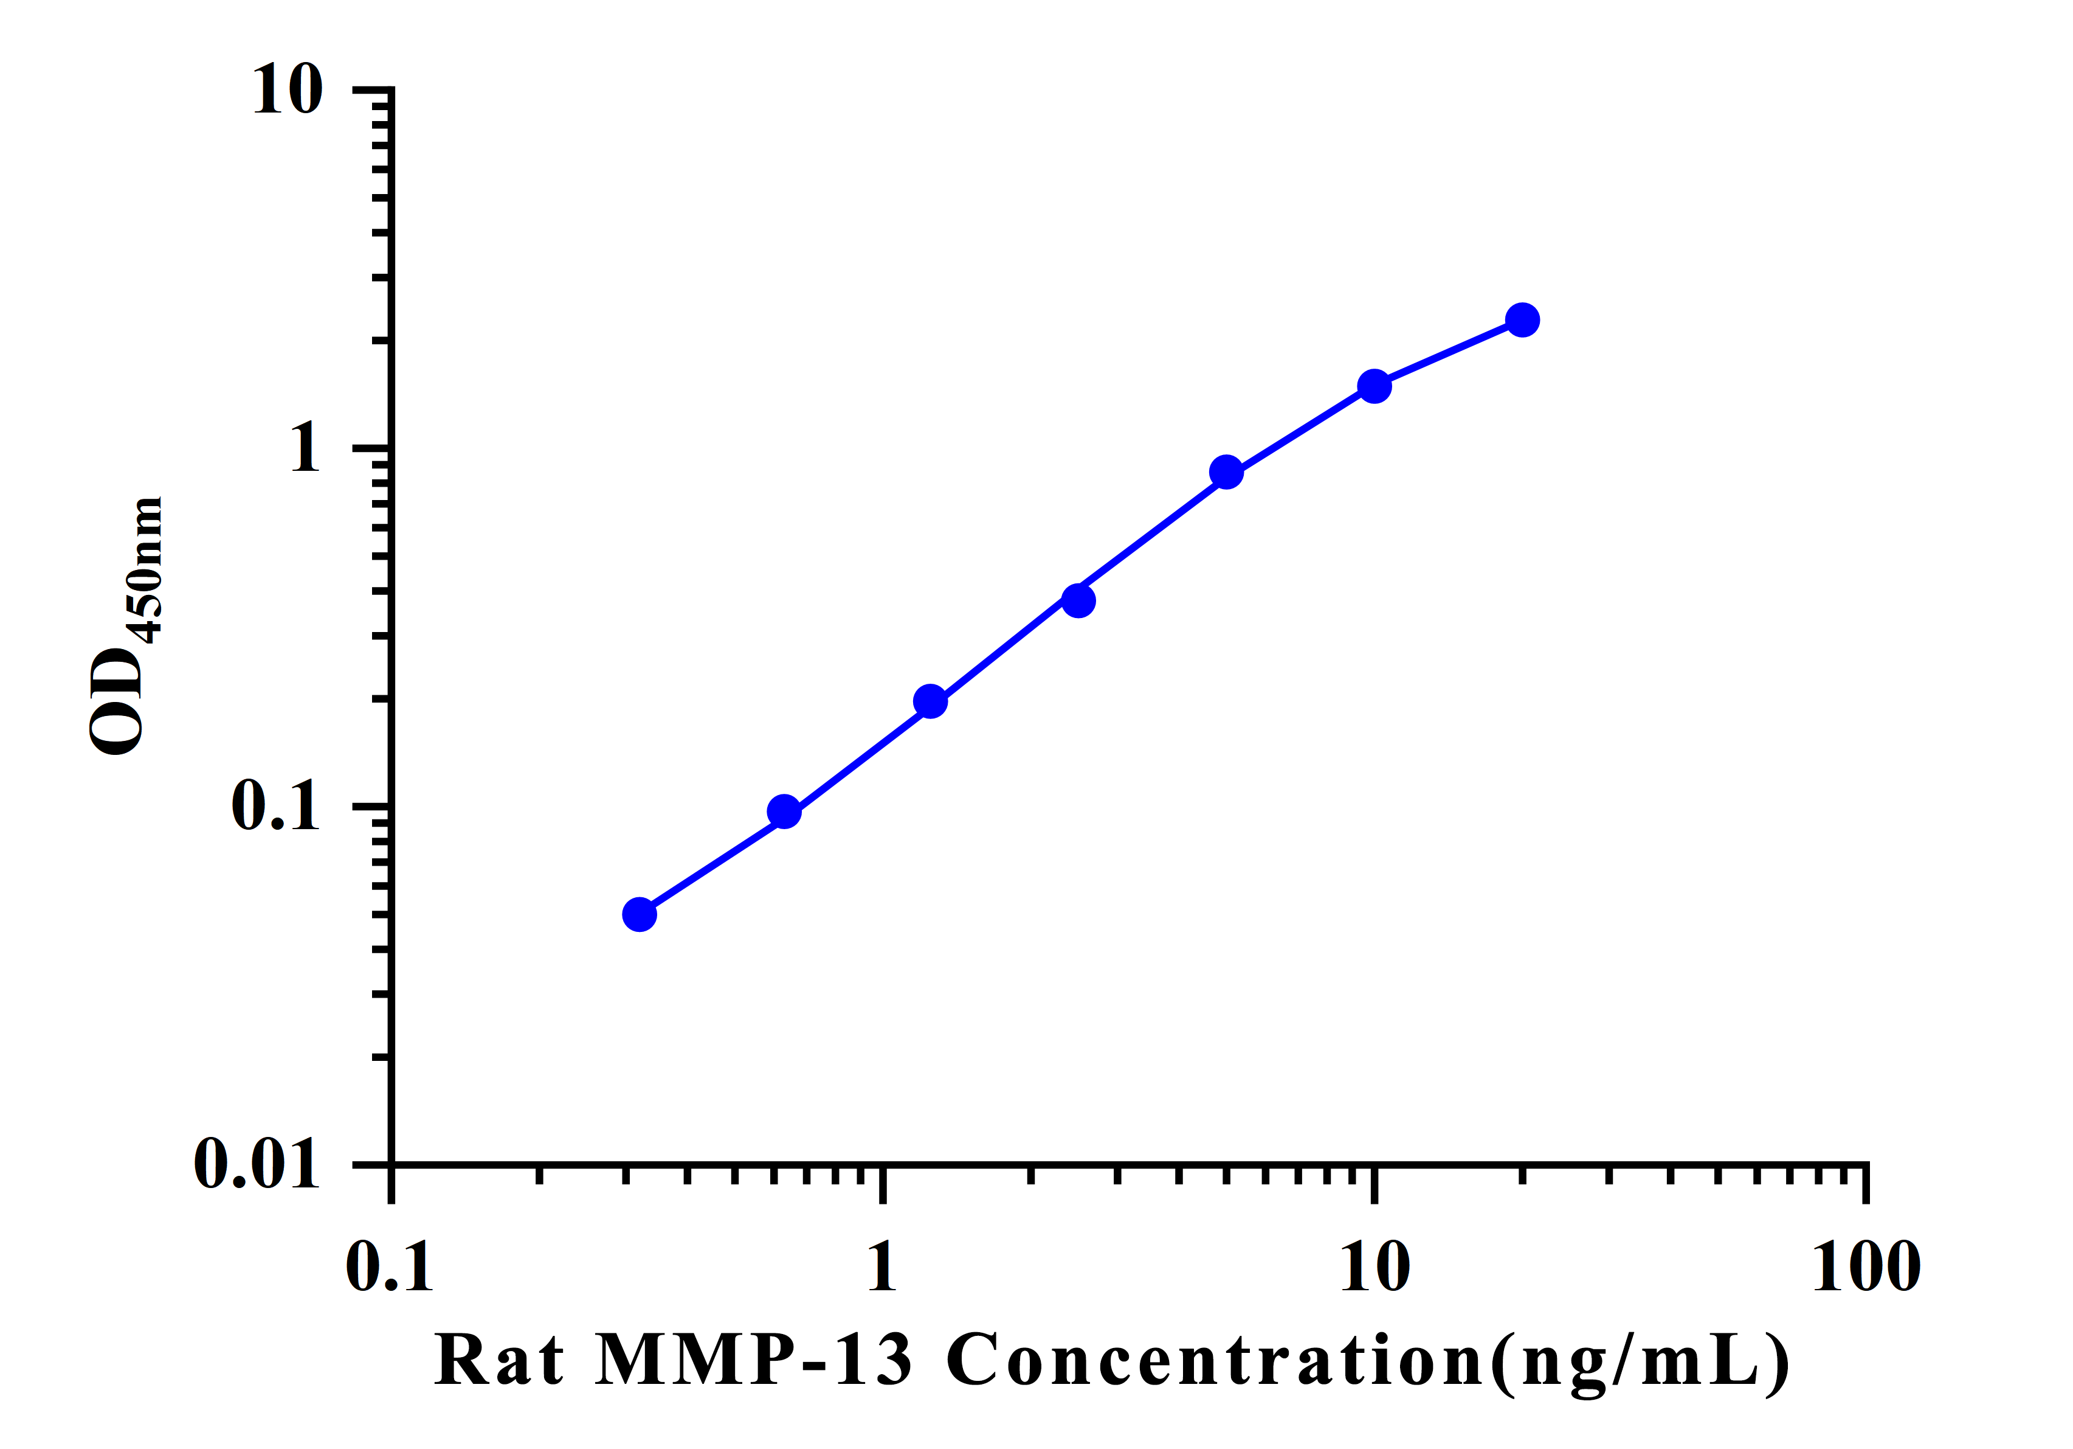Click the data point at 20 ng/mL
[x=1522, y=320]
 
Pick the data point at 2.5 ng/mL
[x=1078, y=600]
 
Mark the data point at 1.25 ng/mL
[x=930, y=701]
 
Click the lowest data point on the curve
[x=640, y=914]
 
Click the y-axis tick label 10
[x=287, y=91]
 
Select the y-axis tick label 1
[x=305, y=448]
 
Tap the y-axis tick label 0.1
[x=275, y=806]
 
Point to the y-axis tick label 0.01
[x=257, y=1164]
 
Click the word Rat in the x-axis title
[x=499, y=1360]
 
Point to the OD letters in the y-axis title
[x=117, y=700]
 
